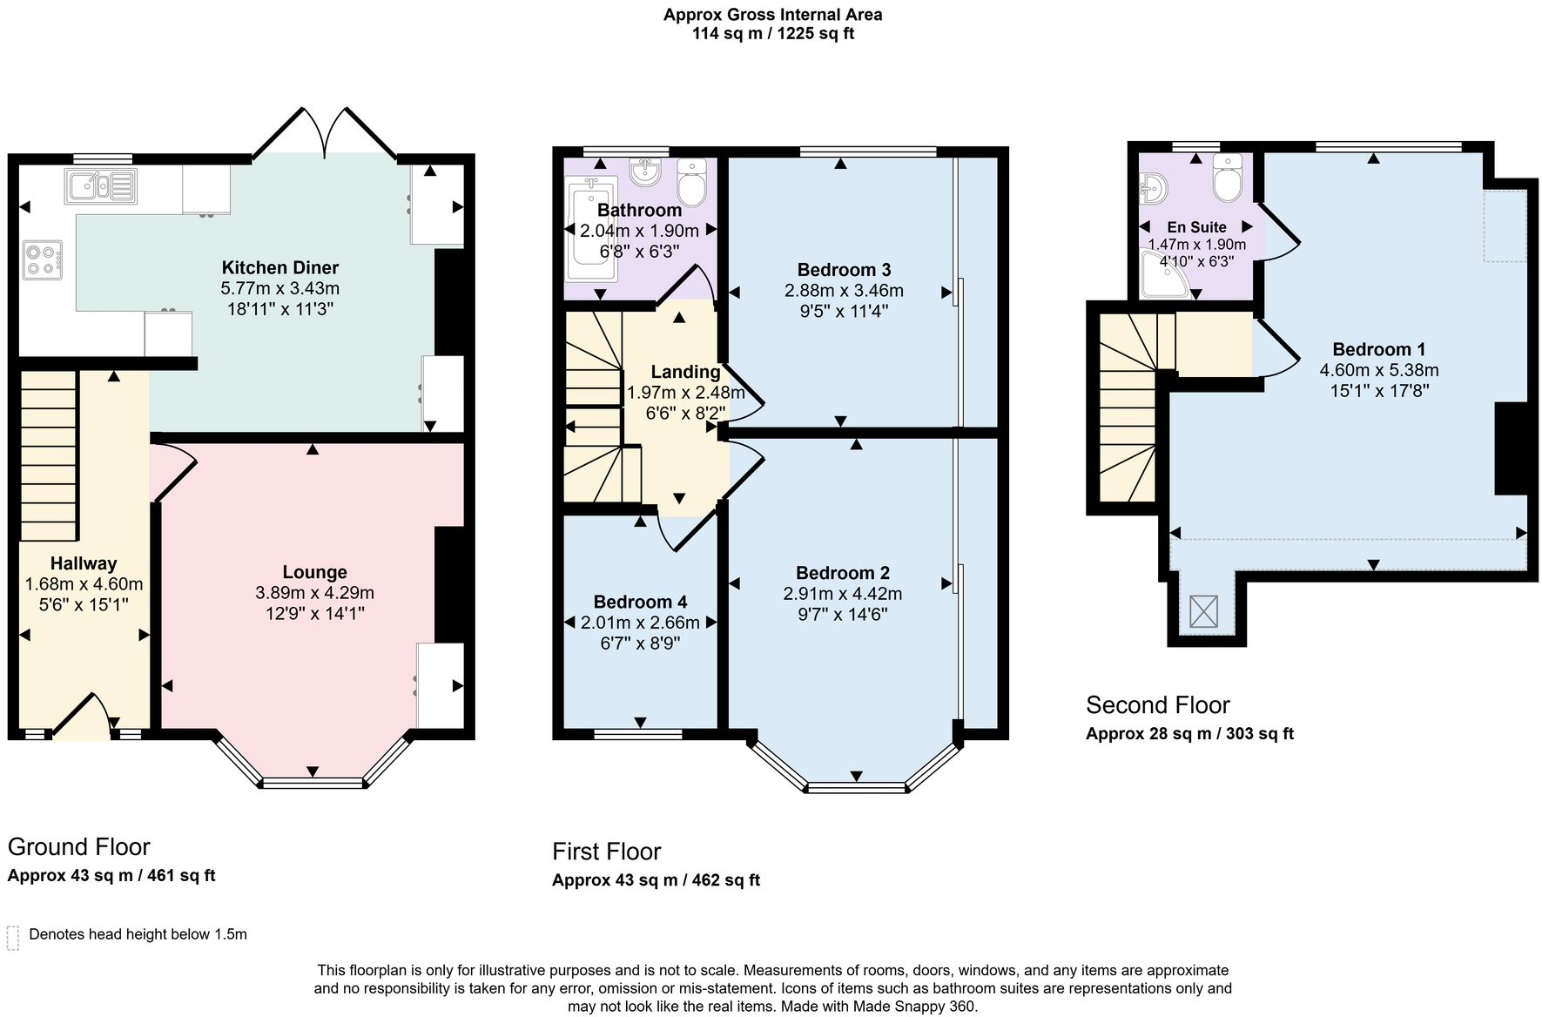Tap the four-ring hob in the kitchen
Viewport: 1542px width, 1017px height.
[x=43, y=259]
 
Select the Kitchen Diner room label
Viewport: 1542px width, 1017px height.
[x=280, y=267]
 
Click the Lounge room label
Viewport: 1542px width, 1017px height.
[x=314, y=572]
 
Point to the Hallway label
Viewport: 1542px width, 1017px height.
[x=84, y=563]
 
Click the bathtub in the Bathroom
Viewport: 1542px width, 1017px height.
[x=591, y=229]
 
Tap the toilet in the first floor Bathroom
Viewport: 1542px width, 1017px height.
[x=692, y=182]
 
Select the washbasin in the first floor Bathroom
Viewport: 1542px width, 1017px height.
[x=645, y=172]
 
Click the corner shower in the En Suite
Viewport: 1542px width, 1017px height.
[x=1165, y=273]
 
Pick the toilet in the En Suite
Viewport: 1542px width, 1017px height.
[x=1228, y=178]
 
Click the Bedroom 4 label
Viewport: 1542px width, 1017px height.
[x=640, y=602]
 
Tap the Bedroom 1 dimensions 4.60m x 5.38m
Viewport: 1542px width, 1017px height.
[x=1379, y=370]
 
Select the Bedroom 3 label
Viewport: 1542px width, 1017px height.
[x=844, y=270]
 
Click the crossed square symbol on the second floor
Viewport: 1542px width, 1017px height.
[x=1203, y=611]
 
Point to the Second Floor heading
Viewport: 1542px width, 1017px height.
[x=1158, y=704]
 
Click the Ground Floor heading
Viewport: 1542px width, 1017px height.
[x=79, y=846]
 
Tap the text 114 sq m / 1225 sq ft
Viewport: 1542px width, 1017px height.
[x=773, y=34]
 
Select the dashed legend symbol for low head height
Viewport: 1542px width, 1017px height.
[x=12, y=937]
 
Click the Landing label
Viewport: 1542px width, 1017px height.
[x=686, y=372]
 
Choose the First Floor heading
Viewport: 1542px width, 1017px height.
[x=607, y=852]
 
